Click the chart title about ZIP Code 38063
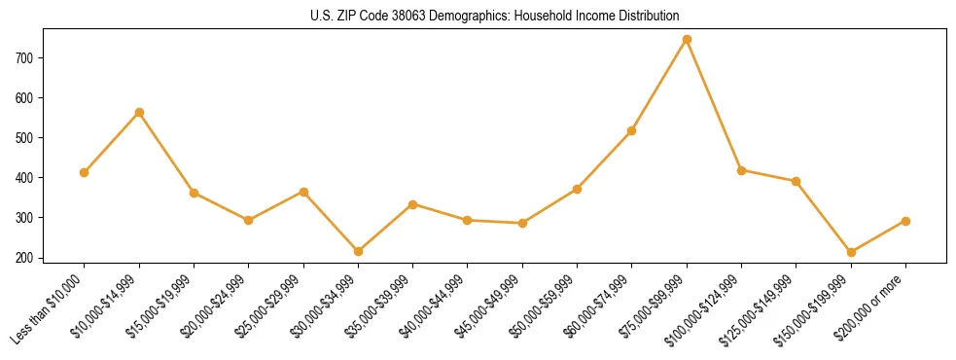(494, 16)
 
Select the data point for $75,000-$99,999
(687, 39)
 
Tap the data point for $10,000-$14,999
(139, 112)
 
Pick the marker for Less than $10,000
(85, 172)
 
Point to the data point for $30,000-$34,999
(358, 251)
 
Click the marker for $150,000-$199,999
(851, 252)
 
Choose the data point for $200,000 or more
(905, 221)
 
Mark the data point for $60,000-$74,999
(632, 130)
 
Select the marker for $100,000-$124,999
(741, 170)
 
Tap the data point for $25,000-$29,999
(303, 192)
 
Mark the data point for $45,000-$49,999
(522, 223)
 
